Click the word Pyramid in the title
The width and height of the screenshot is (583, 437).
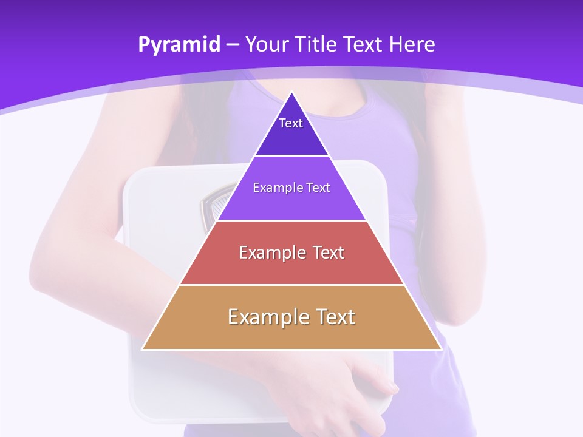click(x=179, y=45)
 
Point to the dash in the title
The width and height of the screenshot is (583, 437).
click(x=232, y=45)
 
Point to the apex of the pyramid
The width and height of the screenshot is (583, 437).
click(x=291, y=93)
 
